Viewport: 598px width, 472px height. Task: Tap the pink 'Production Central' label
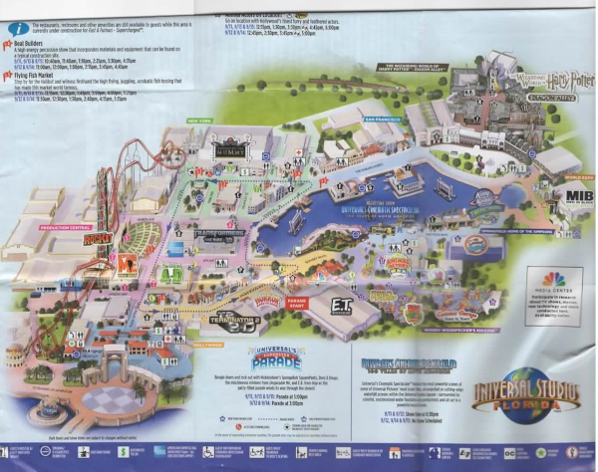(x=66, y=226)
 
